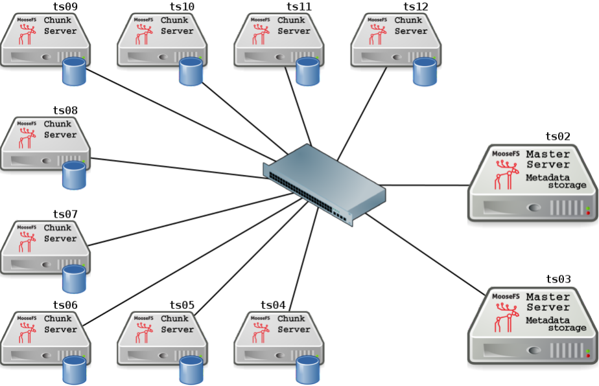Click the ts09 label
(x=65, y=7)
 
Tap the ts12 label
(x=416, y=7)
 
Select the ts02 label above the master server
(x=558, y=137)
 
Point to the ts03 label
(x=558, y=279)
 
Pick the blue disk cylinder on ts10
(x=191, y=72)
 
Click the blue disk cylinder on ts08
(x=74, y=176)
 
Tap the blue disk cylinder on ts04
(x=307, y=370)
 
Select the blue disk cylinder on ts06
(x=74, y=370)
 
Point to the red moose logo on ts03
(x=506, y=317)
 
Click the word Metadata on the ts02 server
(x=548, y=177)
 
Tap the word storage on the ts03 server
(x=567, y=328)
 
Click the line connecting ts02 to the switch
(x=428, y=185)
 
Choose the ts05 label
(x=182, y=305)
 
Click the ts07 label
(x=65, y=214)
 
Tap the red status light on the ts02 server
(x=587, y=212)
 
